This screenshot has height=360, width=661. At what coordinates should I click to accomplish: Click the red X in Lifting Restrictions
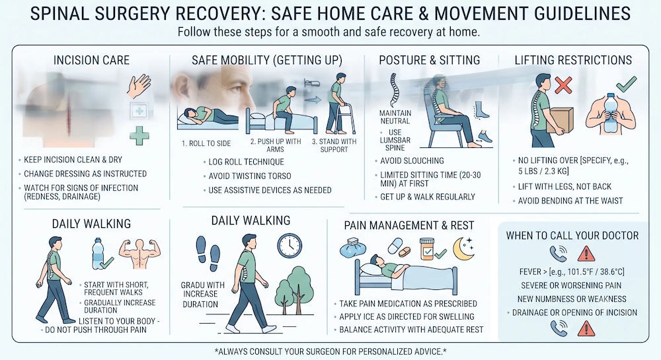pos(563,85)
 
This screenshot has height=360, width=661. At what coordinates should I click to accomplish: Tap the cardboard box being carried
pos(561,121)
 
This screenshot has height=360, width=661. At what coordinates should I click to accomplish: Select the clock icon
pos(290,246)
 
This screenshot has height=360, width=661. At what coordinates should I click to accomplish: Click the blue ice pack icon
pos(353,248)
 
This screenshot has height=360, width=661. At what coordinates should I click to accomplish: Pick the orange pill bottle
pos(428,249)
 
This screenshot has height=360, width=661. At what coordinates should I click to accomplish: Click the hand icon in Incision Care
pos(139,86)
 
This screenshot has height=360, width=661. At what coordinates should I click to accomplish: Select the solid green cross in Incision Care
pos(139,135)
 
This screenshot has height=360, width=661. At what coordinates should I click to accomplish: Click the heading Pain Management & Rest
pos(409,226)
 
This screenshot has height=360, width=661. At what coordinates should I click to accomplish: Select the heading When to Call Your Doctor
pos(572,236)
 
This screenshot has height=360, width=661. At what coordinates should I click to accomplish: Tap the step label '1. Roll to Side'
pos(206,143)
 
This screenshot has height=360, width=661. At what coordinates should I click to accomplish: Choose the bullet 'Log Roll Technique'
pos(246,162)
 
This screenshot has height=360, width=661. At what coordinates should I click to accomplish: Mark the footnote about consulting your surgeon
pos(330,351)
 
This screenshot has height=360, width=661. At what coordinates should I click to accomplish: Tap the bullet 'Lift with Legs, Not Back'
pos(564,186)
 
